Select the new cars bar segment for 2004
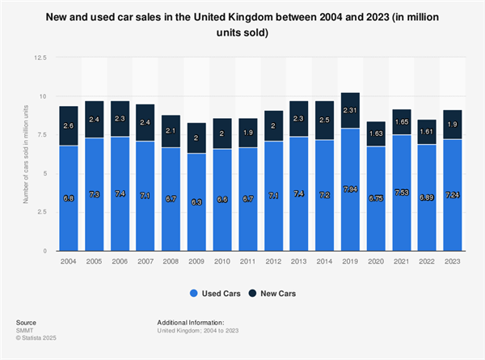click(68, 125)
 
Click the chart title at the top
click(242, 25)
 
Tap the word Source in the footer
click(27, 322)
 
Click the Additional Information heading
click(196, 322)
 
